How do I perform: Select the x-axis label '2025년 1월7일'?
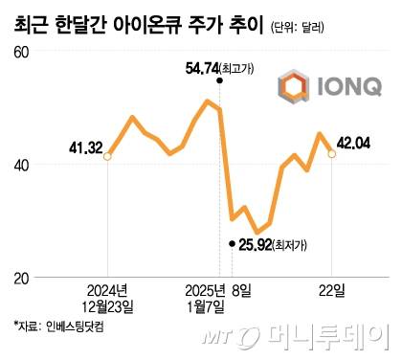click(207, 296)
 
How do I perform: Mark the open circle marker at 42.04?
click(332, 152)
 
